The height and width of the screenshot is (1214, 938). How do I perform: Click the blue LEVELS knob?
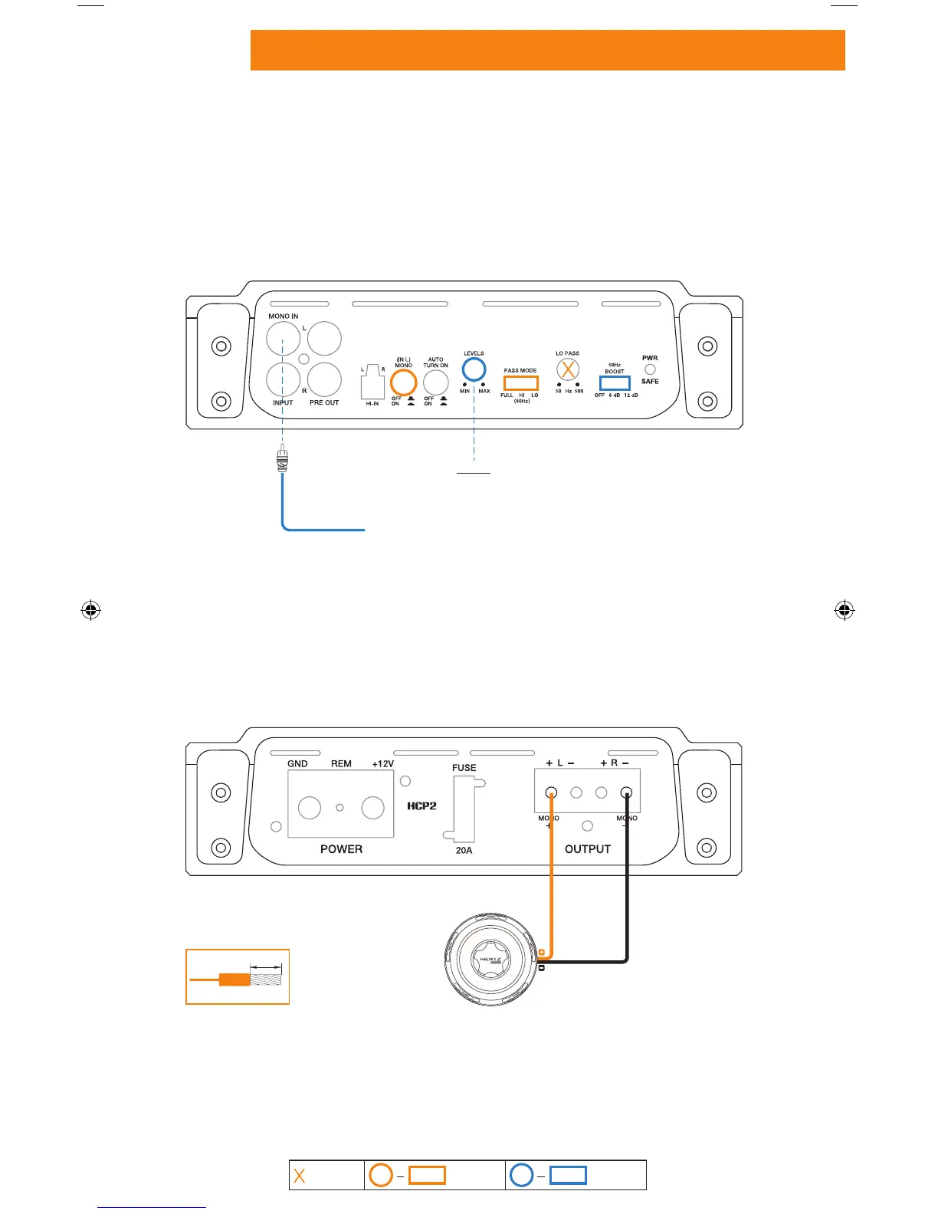pos(474,369)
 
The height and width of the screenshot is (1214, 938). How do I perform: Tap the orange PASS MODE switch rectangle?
pos(520,383)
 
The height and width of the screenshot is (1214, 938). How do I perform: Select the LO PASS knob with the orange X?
pos(567,370)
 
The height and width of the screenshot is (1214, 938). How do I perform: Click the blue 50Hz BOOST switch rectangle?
pos(614,383)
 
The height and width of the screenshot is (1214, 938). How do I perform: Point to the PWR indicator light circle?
pos(650,369)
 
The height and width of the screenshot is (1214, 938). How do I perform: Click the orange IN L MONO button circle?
pos(403,382)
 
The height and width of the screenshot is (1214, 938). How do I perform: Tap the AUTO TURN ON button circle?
pos(435,382)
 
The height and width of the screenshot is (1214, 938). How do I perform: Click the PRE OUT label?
pos(324,402)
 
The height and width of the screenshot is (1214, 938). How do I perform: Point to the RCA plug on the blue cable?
pos(283,460)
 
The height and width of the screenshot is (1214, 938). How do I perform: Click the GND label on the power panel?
pos(297,764)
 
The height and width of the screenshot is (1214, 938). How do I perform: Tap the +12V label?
pos(382,764)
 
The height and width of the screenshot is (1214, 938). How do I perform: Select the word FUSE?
pos(464,768)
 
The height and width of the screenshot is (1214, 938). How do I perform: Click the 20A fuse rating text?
pos(464,850)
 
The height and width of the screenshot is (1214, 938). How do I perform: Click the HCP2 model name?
pos(421,806)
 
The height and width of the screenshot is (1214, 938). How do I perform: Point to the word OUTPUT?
pos(588,849)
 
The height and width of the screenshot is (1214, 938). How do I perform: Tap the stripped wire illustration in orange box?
pos(238,976)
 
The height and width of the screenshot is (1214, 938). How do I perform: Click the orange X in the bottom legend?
pos(300,1176)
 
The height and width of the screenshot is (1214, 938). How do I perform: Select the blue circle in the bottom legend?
pos(522,1176)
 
